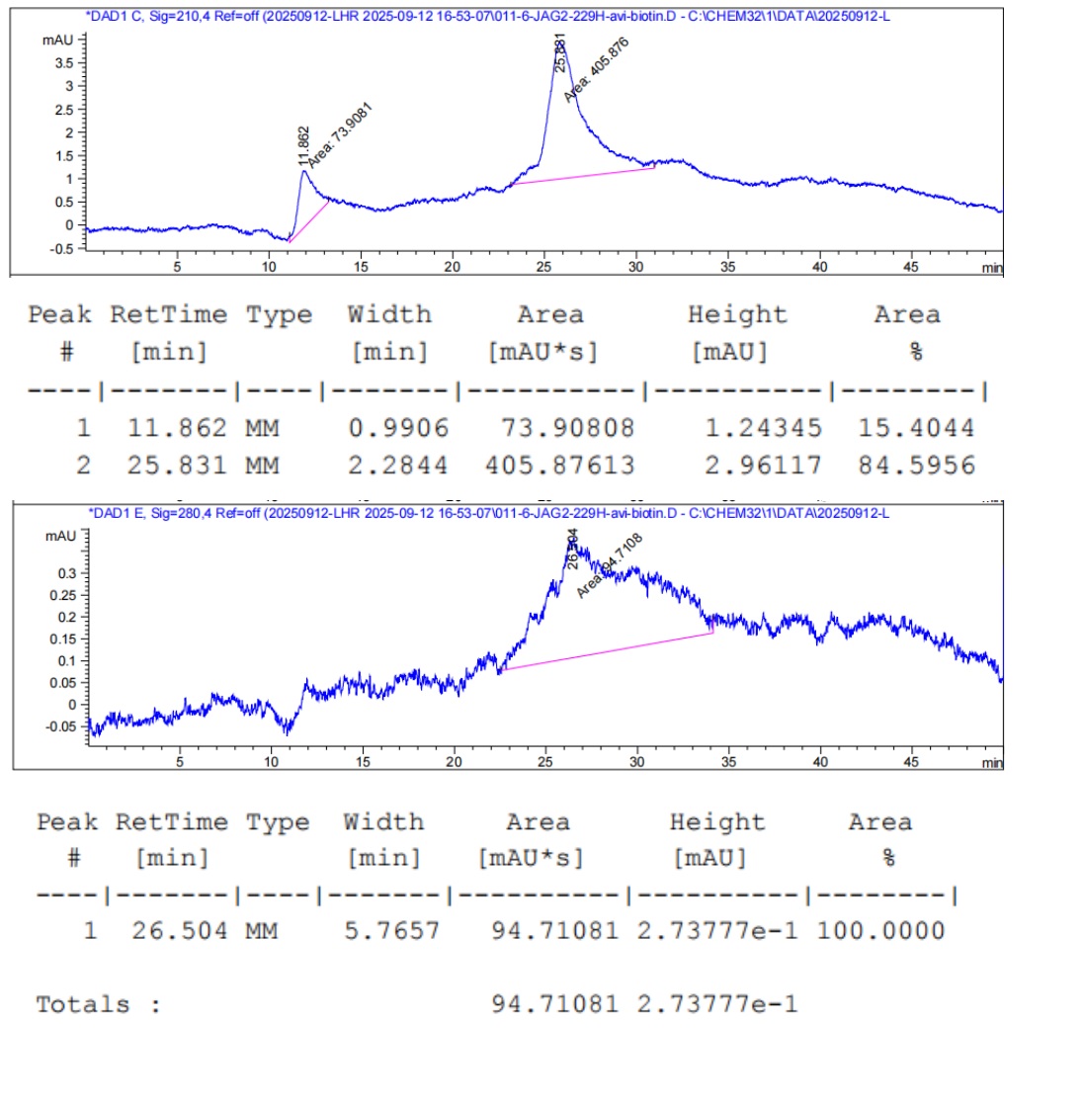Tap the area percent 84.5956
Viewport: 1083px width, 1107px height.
point(916,466)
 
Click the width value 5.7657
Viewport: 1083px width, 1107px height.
point(391,930)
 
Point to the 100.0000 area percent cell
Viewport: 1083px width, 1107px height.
point(880,930)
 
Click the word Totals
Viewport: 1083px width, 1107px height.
point(83,1005)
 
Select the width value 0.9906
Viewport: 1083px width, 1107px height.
point(398,428)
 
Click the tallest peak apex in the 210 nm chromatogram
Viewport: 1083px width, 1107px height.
point(560,43)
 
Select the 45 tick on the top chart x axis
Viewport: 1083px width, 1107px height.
point(911,267)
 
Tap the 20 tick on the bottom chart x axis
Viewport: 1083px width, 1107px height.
point(454,762)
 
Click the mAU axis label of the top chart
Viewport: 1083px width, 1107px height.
point(57,40)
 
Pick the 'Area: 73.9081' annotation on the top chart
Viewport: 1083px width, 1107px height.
point(339,134)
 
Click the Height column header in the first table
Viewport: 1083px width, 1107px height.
point(737,315)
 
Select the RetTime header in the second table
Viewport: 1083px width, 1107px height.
point(171,822)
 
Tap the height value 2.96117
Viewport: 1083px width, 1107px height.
point(763,466)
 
